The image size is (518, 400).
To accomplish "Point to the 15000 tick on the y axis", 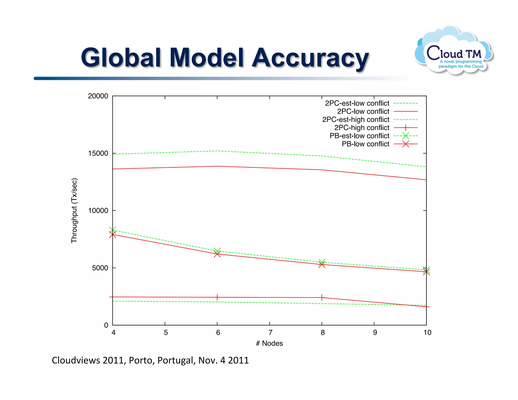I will (98, 153).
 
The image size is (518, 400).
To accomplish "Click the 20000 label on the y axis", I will (98, 96).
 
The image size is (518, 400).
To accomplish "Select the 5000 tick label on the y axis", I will (100, 268).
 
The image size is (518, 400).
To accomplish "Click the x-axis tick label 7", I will (270, 332).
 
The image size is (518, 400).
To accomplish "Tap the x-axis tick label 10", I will (427, 332).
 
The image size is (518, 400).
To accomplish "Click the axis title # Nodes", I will (269, 343).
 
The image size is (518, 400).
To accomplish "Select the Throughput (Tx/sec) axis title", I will (74, 211).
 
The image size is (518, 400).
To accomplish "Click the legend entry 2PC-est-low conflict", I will (357, 103).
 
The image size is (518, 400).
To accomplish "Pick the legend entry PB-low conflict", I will (365, 144).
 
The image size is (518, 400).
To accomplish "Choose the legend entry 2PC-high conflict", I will (362, 128).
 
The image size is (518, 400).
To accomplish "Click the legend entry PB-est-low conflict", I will (359, 136).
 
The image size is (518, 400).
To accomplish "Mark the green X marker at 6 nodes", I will (217, 251).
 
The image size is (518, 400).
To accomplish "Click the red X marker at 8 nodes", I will (322, 264).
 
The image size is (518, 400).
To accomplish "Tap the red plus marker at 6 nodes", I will (217, 297).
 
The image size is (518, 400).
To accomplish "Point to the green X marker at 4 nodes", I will (113, 230).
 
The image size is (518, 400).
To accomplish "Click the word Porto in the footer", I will (142, 360).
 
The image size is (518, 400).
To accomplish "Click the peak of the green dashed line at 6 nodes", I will (217, 151).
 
